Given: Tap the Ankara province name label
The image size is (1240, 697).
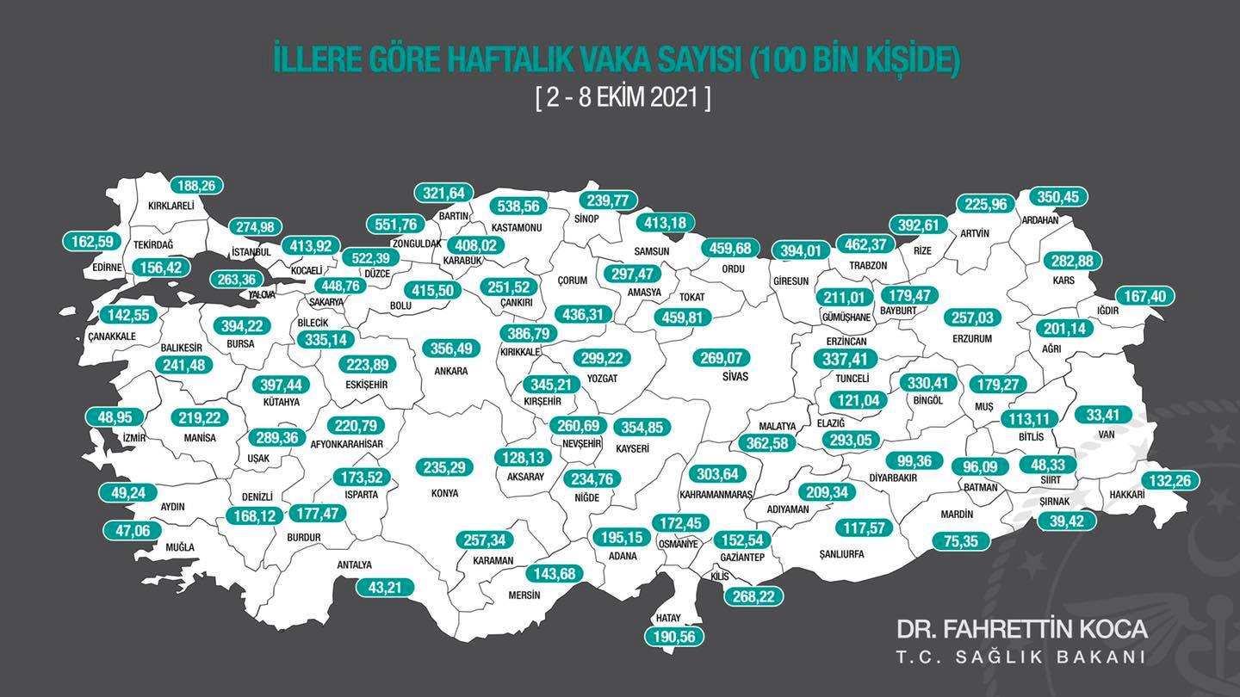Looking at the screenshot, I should (451, 371).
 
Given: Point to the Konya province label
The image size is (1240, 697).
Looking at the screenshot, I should (444, 493).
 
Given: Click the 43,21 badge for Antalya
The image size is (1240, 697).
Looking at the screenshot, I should (385, 587).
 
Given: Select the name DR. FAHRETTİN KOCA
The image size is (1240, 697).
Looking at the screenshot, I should (1021, 629).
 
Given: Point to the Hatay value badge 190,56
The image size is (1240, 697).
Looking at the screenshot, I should (674, 637).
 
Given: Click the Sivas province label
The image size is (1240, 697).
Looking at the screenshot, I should (735, 377).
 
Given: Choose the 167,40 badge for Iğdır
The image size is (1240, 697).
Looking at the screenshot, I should (1145, 296).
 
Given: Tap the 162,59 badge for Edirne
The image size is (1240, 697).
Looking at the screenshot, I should (90, 241).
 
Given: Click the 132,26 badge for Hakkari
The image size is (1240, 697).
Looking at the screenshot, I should (1170, 480).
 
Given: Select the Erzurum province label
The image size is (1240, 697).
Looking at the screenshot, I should (972, 339).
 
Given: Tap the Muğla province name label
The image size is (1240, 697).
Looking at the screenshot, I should (180, 547).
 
